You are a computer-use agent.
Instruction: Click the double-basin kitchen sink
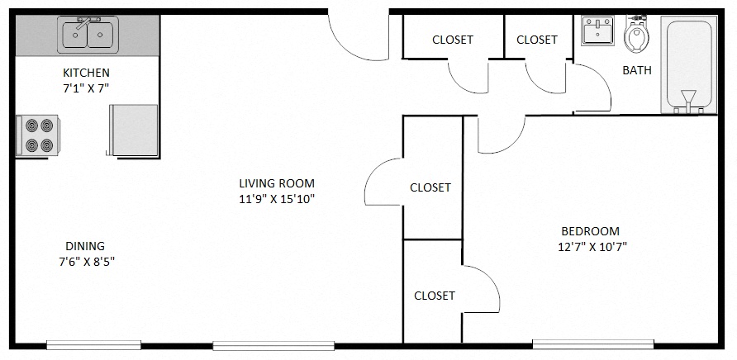88,35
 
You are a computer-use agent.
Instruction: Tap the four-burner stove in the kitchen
39,135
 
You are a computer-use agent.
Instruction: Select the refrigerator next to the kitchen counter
134,130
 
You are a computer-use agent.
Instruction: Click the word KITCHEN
86,73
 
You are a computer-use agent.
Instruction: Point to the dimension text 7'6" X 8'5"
86,261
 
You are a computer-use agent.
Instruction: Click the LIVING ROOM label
276,183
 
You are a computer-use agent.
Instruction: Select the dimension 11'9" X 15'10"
276,199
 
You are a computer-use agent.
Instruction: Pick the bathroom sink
597,31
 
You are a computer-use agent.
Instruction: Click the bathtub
688,64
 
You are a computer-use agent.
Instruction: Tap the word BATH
636,70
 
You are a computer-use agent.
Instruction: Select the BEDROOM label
590,231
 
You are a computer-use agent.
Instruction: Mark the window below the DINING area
93,344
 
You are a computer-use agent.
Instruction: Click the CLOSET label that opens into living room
430,187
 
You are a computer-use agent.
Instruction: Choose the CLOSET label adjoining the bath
537,40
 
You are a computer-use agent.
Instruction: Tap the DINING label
85,245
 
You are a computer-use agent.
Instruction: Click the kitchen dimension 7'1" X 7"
86,87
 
